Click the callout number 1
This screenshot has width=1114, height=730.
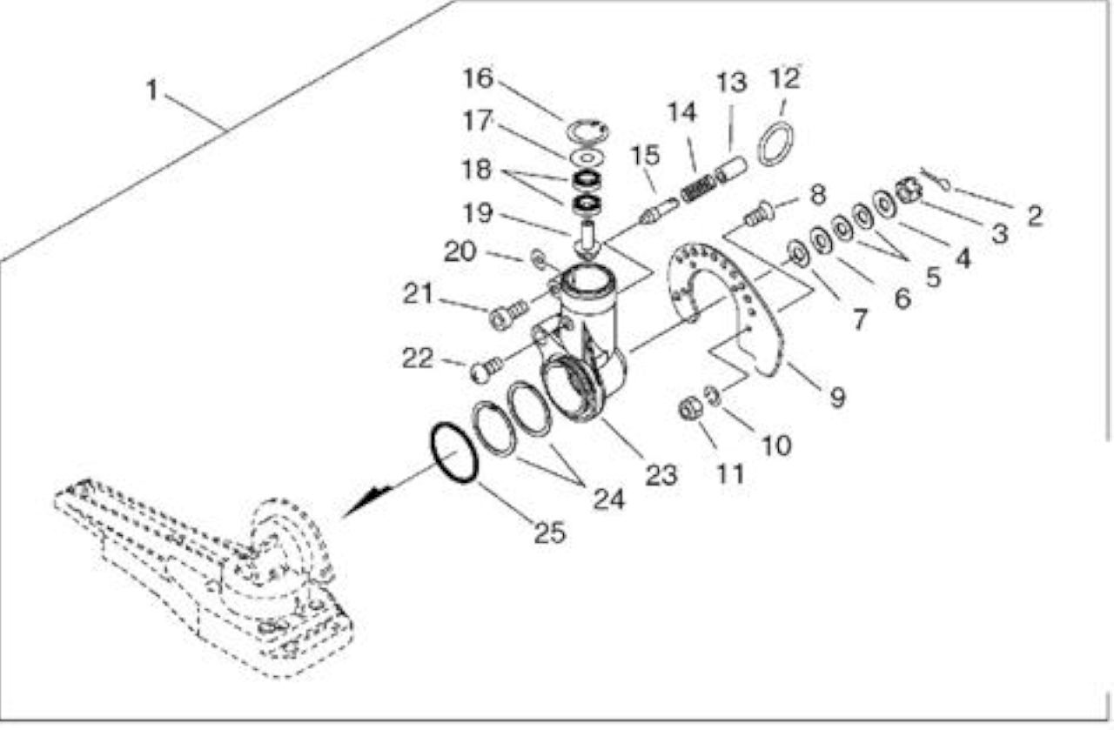151,90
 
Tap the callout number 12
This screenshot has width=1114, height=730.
785,78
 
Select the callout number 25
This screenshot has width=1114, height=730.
549,532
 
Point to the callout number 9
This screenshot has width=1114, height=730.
837,398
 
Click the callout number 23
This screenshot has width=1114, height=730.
661,475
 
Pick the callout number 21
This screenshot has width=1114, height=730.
418,293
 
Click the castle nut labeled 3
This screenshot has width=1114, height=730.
909,192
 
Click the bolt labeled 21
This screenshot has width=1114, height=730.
507,314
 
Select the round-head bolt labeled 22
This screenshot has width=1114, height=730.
486,371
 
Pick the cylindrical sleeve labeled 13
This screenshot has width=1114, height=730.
730,171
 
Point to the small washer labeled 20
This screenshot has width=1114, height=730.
538,258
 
